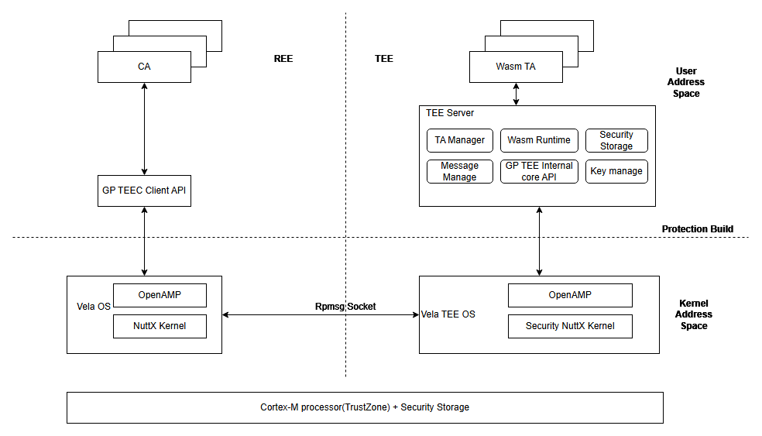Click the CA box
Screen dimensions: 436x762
[x=144, y=67]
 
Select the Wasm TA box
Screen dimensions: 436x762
[x=516, y=67]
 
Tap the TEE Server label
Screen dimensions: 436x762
[x=450, y=113]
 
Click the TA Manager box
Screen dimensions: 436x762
[x=459, y=140]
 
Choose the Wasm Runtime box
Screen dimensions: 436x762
[x=539, y=140]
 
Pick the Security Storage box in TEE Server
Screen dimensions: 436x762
[x=616, y=140]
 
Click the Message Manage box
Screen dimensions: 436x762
[x=459, y=171]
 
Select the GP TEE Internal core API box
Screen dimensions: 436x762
[x=539, y=171]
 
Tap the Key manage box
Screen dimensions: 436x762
[x=616, y=171]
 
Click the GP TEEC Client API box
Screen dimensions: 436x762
[x=144, y=191]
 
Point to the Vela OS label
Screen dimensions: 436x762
[x=93, y=307]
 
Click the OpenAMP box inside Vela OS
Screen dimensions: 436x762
[x=160, y=295]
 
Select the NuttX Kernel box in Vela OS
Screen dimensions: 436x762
[x=160, y=326]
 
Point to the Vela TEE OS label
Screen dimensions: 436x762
[x=448, y=314]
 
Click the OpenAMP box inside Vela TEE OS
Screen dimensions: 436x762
[x=570, y=295]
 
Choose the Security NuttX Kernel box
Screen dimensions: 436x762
[x=570, y=326]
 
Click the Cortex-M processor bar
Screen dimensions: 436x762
[x=365, y=407]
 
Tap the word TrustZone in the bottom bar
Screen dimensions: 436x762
[x=365, y=407]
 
